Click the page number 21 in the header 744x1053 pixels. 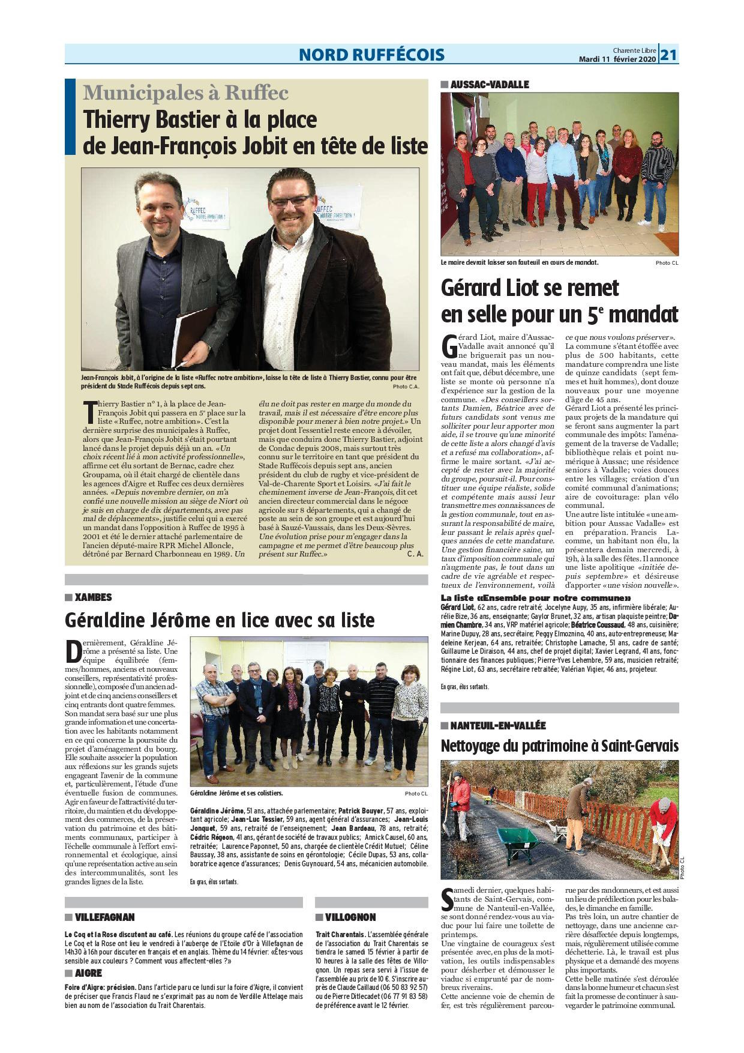(x=669, y=55)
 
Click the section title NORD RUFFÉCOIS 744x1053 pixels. (x=372, y=55)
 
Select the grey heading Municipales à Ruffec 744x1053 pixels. (x=186, y=93)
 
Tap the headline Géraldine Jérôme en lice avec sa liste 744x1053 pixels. (x=220, y=619)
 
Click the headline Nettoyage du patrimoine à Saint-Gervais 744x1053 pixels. (x=560, y=746)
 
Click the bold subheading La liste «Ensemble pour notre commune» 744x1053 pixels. (x=536, y=598)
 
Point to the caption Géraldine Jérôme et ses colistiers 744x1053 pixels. (x=236, y=792)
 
